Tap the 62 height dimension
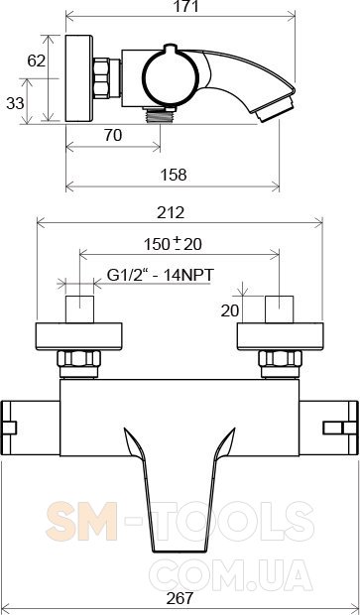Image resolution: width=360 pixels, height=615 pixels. pos(37,61)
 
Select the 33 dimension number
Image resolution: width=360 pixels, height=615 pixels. pos(15,103)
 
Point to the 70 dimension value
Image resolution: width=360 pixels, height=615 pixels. pos(113,135)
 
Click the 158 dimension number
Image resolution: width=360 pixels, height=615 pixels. pos(174,175)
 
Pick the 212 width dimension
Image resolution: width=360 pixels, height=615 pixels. pos(171,212)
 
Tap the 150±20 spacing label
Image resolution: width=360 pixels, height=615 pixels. pos(173,244)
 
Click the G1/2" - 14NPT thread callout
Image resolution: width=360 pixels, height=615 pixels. pos(161,275)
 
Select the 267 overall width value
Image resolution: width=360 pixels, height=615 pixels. pos(180,598)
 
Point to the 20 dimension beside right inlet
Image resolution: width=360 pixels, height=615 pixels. pos(230,311)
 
